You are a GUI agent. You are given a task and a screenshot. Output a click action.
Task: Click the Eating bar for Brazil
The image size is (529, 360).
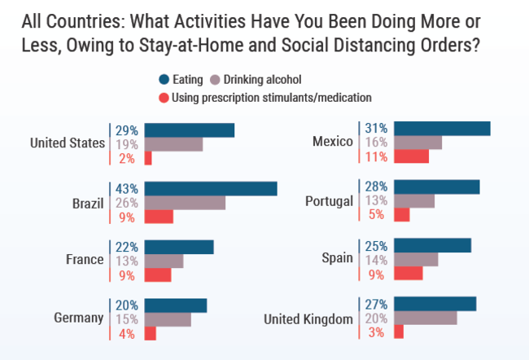click(x=211, y=188)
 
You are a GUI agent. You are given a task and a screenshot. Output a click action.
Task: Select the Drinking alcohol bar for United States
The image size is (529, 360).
click(x=173, y=144)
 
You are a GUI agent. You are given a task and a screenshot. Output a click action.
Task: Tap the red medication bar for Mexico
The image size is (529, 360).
click(x=411, y=156)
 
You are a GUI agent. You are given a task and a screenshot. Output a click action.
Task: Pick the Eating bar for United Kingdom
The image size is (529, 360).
click(x=435, y=304)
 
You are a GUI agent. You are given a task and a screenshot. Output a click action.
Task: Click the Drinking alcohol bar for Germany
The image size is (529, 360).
click(x=168, y=318)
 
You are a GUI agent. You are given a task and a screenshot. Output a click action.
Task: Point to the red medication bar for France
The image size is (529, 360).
click(x=158, y=275)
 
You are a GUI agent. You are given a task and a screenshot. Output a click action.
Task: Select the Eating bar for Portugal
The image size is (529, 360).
click(x=436, y=187)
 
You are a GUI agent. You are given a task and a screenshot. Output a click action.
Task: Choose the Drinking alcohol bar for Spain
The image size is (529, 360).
click(x=416, y=259)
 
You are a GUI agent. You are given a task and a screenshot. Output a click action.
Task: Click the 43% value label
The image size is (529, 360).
click(x=126, y=188)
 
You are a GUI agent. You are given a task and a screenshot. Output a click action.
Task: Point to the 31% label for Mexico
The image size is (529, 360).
click(x=375, y=128)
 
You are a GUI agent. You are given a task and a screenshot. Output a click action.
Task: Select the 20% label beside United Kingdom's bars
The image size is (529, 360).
click(x=376, y=318)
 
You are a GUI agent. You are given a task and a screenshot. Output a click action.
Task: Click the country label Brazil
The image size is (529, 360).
click(x=87, y=203)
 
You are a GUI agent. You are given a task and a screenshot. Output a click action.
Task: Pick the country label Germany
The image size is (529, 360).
click(x=78, y=318)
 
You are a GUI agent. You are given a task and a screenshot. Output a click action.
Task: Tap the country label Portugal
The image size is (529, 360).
click(x=328, y=201)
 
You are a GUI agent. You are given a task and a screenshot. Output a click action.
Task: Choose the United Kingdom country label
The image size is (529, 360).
click(x=308, y=318)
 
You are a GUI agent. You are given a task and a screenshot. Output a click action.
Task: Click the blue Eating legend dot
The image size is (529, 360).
click(x=164, y=79)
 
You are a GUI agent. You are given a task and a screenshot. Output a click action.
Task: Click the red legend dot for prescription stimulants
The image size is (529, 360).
click(x=164, y=98)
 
